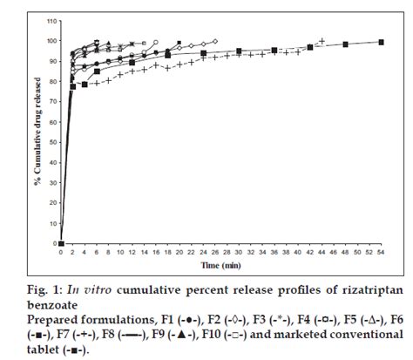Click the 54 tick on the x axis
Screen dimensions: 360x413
(x=381, y=251)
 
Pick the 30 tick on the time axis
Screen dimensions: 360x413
(x=239, y=251)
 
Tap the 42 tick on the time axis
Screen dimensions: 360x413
(x=310, y=251)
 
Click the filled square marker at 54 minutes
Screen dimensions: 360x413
(x=381, y=42)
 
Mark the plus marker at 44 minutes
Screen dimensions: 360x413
(x=322, y=41)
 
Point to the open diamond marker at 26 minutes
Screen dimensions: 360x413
(x=215, y=41)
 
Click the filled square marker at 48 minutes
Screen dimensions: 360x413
(x=346, y=44)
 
